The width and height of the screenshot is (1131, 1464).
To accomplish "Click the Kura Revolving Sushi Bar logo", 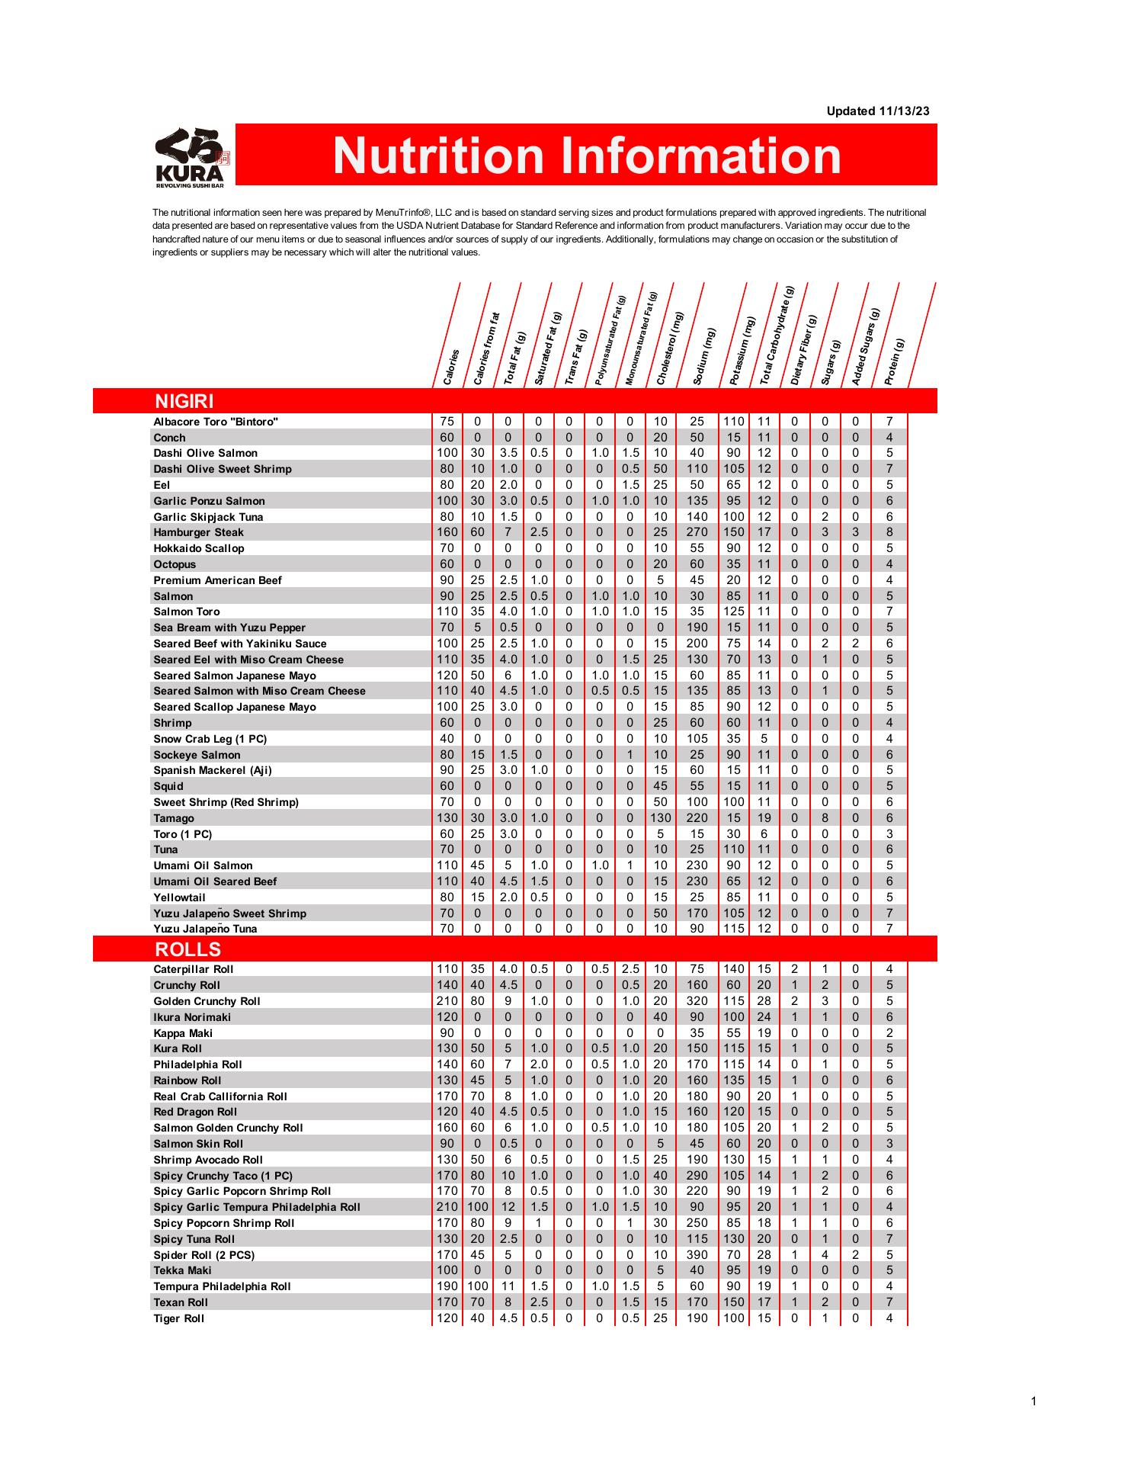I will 192,157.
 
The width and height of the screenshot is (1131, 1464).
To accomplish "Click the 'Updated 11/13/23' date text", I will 878,111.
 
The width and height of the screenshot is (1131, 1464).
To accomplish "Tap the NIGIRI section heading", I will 184,401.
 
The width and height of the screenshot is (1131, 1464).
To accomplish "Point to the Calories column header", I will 451,366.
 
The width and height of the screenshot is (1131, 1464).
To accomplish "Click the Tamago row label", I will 174,818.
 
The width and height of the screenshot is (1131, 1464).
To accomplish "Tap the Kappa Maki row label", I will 183,1033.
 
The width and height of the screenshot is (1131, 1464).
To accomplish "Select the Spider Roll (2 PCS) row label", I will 203,1255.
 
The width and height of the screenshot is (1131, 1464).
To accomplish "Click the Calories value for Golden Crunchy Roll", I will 447,1001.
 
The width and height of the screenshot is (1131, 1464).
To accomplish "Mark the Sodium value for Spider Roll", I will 697,1255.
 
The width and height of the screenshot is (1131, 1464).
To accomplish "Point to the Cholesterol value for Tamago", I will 660,818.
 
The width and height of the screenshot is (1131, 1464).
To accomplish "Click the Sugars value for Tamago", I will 825,818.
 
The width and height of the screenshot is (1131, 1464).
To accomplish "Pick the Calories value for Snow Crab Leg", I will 447,739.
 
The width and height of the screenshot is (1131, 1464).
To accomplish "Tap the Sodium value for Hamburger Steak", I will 697,532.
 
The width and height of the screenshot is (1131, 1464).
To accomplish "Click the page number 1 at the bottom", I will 1033,1401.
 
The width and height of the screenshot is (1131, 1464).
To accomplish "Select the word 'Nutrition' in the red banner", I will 438,155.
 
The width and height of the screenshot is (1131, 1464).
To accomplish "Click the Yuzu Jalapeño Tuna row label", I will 205,929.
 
